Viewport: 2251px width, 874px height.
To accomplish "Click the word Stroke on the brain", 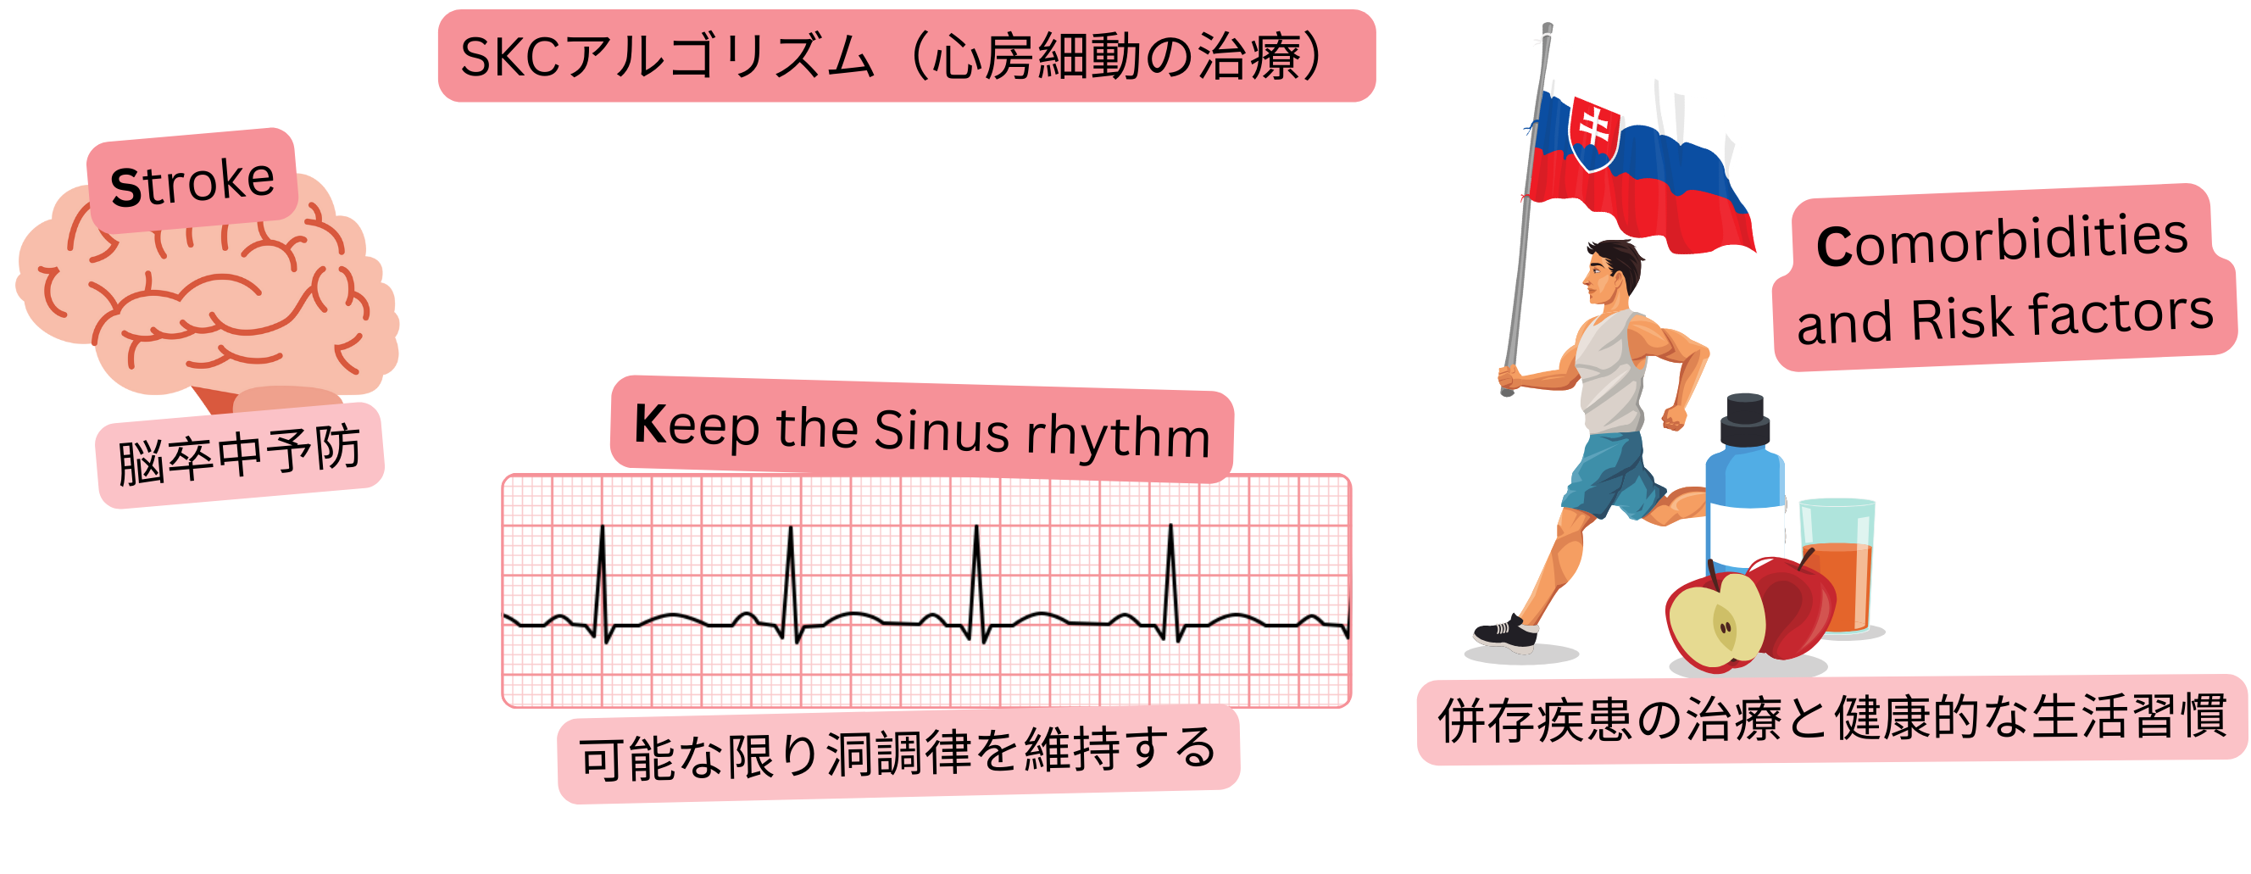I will click(x=192, y=181).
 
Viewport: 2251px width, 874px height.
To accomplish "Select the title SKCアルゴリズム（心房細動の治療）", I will click(x=905, y=57).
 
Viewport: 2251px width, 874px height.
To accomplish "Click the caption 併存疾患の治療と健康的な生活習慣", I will click(x=1831, y=720).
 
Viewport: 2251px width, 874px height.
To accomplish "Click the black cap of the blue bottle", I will click(x=1745, y=420).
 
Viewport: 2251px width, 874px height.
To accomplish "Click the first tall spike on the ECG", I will click(x=602, y=576).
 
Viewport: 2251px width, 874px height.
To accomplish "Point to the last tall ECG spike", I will click(x=1171, y=576).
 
